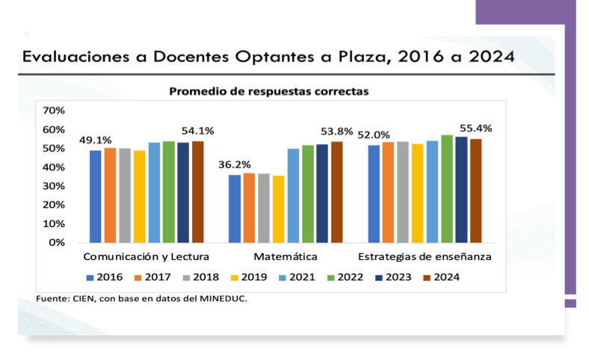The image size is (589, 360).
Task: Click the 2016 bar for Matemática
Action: point(235,208)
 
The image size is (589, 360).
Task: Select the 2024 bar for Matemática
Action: point(336,192)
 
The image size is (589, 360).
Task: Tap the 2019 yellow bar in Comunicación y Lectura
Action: point(140,196)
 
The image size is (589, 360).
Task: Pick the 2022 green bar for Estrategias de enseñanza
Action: point(446,189)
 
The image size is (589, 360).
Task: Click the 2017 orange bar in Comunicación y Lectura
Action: point(110,195)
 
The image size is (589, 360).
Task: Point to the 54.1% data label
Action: point(198,131)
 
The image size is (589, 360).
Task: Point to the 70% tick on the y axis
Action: point(55,111)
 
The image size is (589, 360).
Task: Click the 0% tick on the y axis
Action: point(58,243)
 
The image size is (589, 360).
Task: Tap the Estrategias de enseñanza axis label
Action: point(424,258)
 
